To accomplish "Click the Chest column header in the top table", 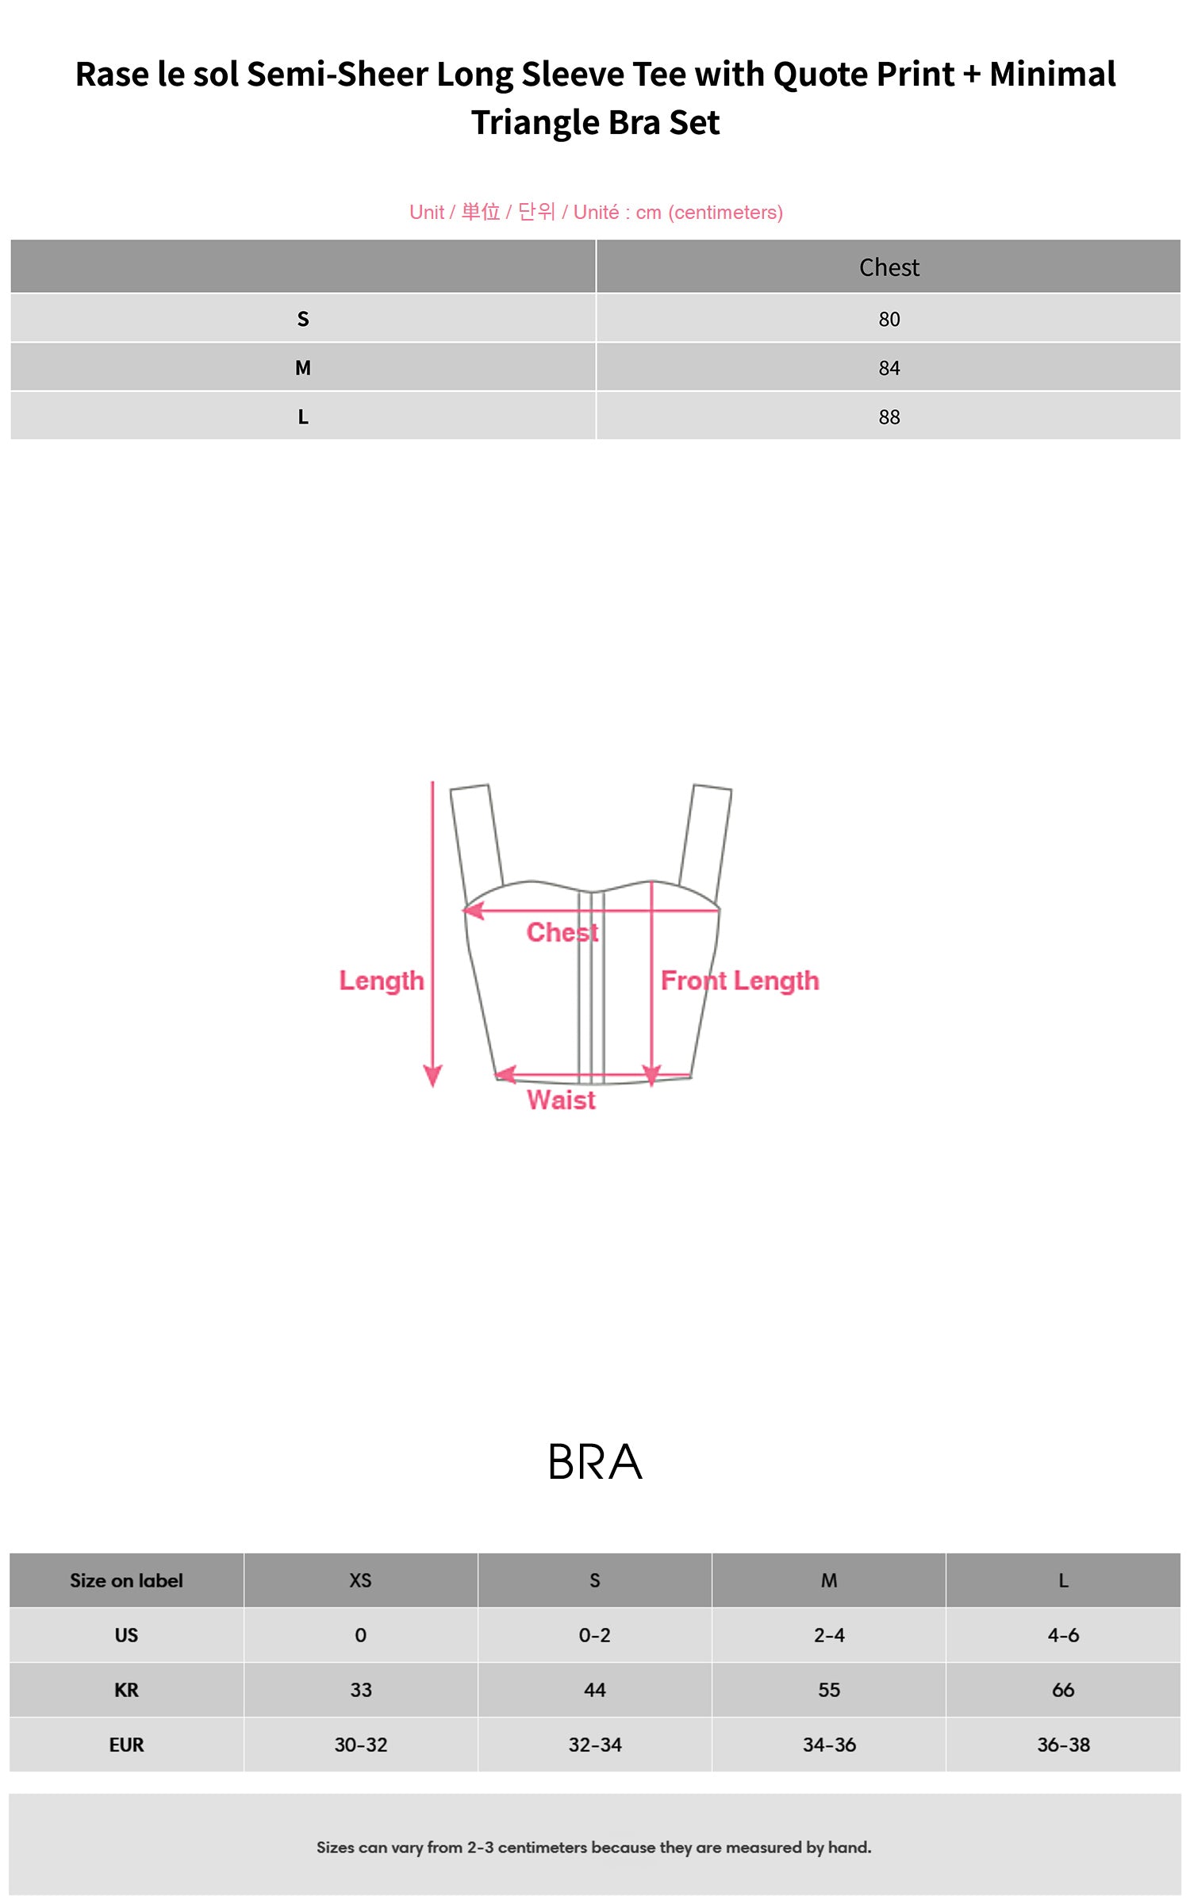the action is pos(889,267).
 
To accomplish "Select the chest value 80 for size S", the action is pos(889,319).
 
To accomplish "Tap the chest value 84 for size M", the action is pos(889,368).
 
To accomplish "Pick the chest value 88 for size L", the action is pos(889,417).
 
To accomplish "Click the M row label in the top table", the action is pos(302,368).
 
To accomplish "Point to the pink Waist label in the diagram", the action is pos(561,1100).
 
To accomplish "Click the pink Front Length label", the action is pos(739,981).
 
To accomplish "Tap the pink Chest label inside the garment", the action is pos(562,932).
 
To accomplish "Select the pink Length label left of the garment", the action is pos(382,981).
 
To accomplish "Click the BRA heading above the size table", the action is pos(595,1462).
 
